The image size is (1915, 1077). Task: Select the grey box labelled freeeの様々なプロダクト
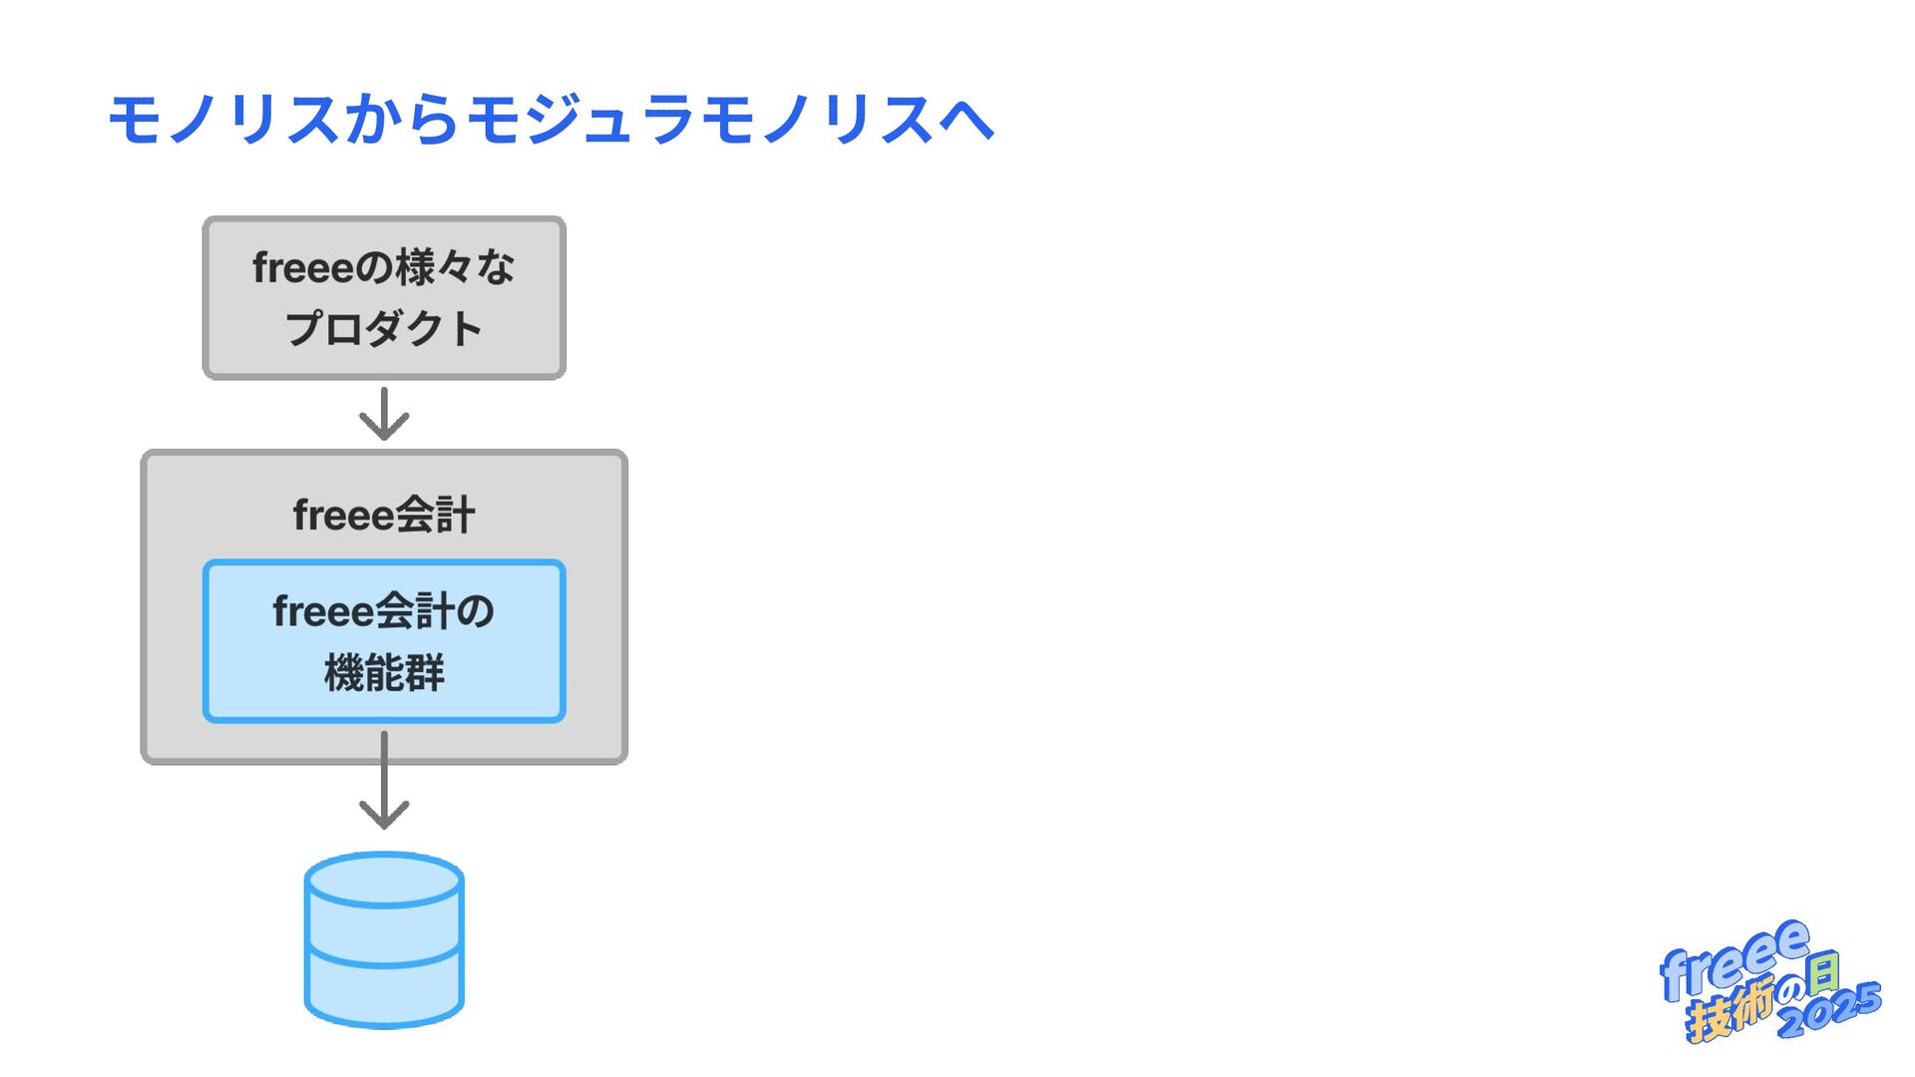(384, 298)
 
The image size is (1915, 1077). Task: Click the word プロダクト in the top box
(384, 329)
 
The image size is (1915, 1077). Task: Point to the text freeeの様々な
(384, 267)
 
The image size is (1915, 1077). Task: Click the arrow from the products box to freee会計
(384, 414)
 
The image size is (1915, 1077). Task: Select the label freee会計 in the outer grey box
(384, 516)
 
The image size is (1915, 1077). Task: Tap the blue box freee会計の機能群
(384, 641)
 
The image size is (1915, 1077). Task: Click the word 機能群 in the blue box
(384, 673)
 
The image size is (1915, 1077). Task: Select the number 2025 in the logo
(1830, 1009)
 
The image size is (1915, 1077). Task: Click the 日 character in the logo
(1823, 973)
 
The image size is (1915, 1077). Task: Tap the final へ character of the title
(966, 120)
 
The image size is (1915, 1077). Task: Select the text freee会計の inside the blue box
(384, 611)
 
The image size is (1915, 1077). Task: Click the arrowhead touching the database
(384, 813)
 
